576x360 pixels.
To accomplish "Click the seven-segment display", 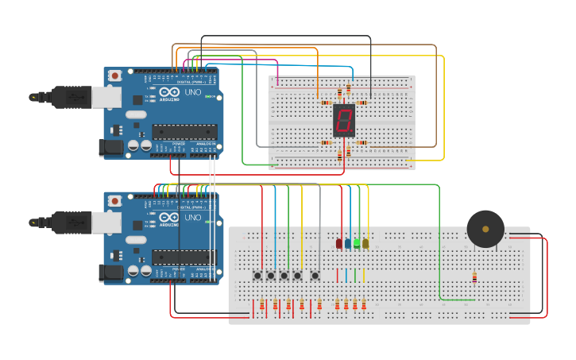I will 343,121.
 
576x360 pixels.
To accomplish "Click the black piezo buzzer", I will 485,229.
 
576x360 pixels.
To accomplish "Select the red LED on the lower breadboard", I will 339,244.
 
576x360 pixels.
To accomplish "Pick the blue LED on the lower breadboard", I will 348,244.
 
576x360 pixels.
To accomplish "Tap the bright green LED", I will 357,243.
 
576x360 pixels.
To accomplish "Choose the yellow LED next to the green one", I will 365,244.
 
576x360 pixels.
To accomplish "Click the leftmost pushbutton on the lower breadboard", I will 257,276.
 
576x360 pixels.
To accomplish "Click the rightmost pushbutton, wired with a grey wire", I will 315,276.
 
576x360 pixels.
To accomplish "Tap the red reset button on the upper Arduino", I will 115,75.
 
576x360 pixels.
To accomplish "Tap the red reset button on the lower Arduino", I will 115,200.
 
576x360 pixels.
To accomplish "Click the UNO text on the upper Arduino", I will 193,92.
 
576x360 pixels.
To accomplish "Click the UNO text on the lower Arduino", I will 193,217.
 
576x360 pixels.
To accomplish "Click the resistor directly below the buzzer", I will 474,277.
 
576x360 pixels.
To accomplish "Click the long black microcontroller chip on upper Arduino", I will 184,132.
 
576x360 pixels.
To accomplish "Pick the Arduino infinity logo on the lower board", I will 169,217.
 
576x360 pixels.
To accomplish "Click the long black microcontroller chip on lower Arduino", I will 184,257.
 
